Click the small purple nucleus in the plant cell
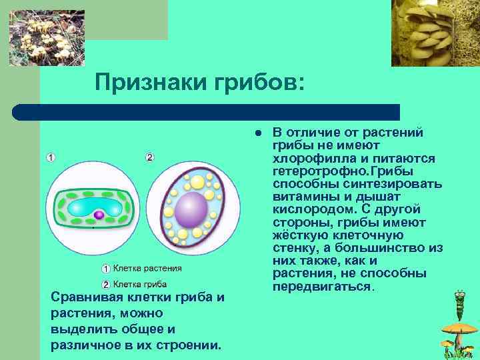tap(99, 215)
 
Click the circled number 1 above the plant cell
tap(51, 157)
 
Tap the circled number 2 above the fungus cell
tap(150, 157)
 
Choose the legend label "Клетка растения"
tap(147, 269)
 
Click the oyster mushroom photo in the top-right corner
tap(435, 33)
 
